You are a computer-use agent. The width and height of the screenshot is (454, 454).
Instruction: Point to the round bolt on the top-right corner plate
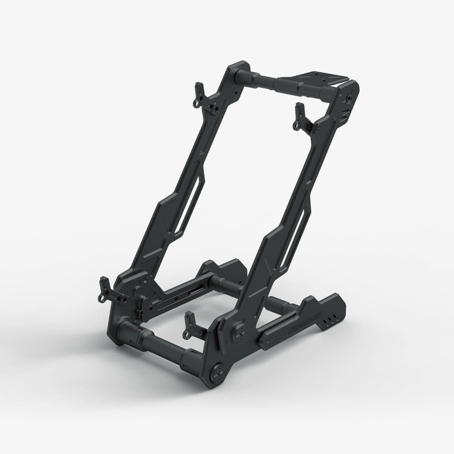347,97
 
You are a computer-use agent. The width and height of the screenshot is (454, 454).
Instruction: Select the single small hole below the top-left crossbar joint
235,92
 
